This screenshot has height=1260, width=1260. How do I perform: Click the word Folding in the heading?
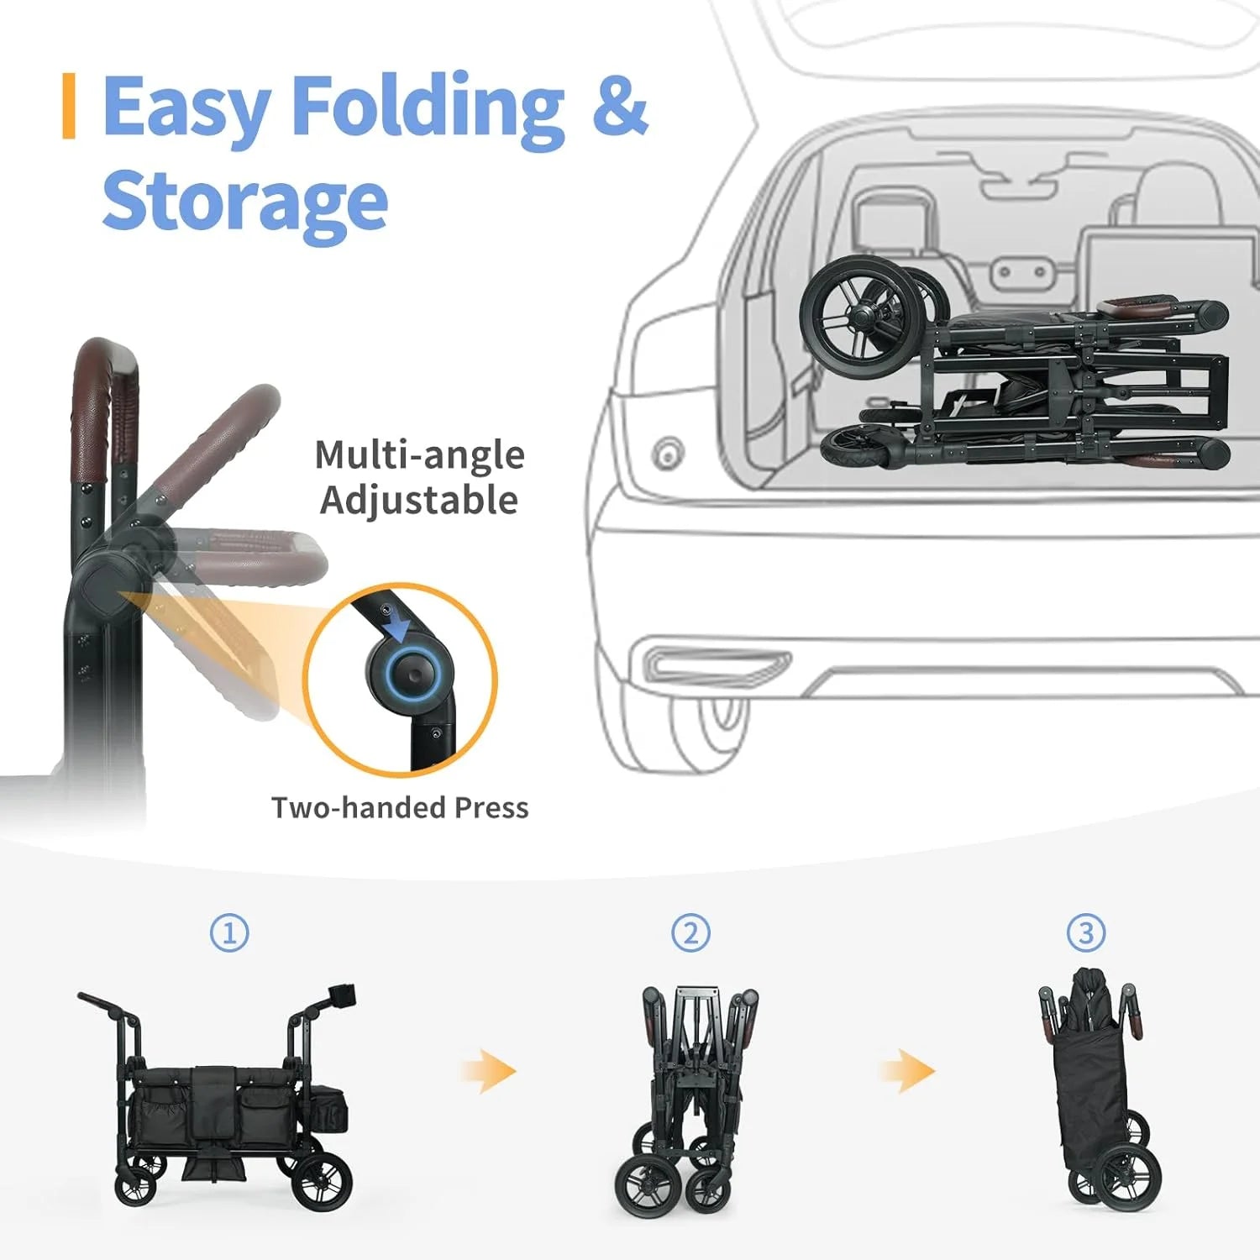click(x=428, y=111)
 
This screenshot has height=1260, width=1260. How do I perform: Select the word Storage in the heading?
click(x=244, y=201)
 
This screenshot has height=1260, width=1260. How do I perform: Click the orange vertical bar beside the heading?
click(x=69, y=106)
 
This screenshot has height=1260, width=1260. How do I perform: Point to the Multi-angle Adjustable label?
click(x=420, y=477)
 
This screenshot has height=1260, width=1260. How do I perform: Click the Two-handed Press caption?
click(x=400, y=807)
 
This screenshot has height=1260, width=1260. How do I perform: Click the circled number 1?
click(x=229, y=932)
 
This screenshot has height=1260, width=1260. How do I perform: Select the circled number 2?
click(x=690, y=932)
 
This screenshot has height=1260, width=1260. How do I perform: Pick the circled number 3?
click(x=1086, y=932)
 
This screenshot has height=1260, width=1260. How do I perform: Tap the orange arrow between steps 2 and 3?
click(x=907, y=1071)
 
